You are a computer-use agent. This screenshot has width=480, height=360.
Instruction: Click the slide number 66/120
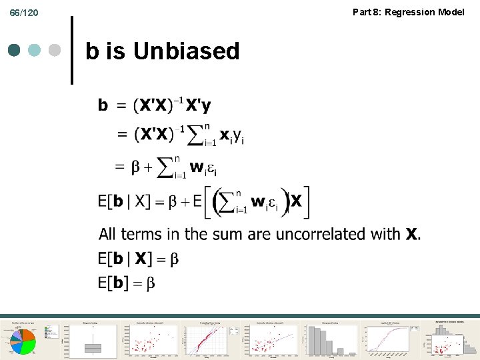[24, 13]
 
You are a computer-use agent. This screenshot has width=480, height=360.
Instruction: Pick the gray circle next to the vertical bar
[55, 51]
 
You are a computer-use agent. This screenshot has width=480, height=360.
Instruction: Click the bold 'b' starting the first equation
[103, 105]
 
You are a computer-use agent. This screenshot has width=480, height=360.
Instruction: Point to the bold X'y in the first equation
[197, 105]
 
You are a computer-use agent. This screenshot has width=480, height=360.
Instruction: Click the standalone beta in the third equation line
[136, 168]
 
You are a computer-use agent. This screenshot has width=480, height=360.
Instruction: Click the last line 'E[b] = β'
[127, 283]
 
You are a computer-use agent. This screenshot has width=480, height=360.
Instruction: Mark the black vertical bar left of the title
[71, 51]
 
